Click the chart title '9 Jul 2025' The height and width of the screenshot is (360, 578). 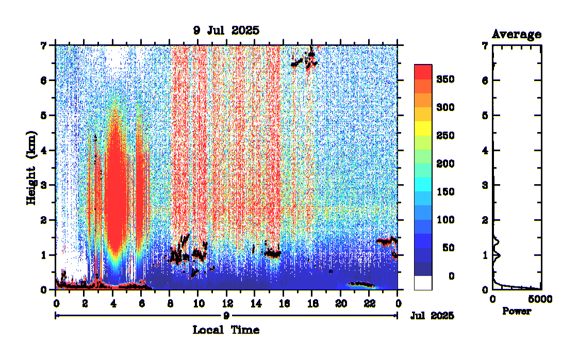point(226,30)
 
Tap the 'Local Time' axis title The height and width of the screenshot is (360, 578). point(226,330)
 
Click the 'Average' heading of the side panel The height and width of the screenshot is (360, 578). point(516,35)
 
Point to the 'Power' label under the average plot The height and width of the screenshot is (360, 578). point(516,312)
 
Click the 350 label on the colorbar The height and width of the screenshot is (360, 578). point(445,79)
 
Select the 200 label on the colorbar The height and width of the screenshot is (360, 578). point(445,164)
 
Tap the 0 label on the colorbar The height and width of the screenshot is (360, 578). point(451,276)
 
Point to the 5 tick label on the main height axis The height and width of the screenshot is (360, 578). point(44,116)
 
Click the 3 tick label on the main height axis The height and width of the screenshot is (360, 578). point(44,185)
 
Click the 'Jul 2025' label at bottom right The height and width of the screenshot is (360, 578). point(433,316)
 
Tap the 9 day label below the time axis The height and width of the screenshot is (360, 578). point(226,315)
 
